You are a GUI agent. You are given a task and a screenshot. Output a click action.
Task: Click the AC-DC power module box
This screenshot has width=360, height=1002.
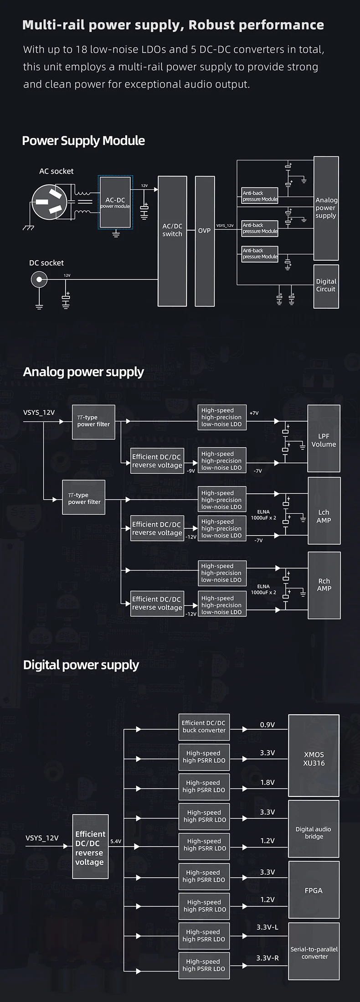(115, 202)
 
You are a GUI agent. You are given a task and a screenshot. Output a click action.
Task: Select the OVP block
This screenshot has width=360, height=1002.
(205, 241)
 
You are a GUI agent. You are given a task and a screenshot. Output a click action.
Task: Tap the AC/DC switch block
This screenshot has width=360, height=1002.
(172, 241)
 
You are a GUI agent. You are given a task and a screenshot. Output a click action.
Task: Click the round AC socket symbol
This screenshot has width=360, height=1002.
(49, 201)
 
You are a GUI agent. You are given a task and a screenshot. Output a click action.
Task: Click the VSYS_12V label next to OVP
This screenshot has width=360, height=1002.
(225, 226)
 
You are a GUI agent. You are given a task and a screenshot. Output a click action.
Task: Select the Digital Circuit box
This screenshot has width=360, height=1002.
(326, 286)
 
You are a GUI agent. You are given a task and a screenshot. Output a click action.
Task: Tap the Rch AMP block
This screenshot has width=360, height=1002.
(324, 585)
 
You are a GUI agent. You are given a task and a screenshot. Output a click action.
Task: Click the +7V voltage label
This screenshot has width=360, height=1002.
(254, 413)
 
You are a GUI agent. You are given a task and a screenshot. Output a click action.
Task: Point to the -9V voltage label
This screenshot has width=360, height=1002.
(191, 471)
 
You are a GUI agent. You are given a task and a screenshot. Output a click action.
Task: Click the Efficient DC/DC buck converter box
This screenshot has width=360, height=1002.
(204, 727)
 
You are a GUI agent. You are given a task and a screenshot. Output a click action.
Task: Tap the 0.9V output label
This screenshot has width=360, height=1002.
(267, 725)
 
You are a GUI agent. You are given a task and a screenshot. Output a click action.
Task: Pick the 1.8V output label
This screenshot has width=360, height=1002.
(267, 782)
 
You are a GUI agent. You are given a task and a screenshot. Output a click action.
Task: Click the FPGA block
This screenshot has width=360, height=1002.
(314, 890)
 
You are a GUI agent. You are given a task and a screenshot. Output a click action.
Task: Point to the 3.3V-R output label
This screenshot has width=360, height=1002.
(267, 958)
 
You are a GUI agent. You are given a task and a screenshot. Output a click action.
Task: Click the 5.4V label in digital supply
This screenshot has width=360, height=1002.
(116, 841)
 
